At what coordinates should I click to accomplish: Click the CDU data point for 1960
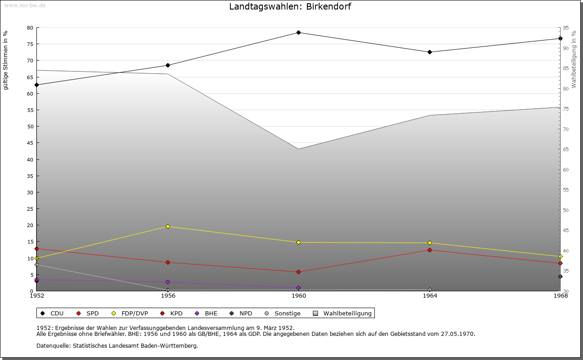click(298, 33)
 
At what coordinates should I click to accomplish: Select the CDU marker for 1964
click(430, 52)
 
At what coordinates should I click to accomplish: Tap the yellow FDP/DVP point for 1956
click(168, 226)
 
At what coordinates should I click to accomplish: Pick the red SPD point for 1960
click(298, 272)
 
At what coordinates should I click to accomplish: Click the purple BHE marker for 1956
click(168, 282)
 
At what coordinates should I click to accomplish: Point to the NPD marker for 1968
click(560, 276)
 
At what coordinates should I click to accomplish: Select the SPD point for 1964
click(430, 250)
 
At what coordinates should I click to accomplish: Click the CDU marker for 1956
click(168, 65)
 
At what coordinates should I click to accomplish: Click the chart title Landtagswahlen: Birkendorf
click(290, 6)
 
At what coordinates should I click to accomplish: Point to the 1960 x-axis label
click(298, 296)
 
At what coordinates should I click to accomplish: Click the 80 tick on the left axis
click(30, 28)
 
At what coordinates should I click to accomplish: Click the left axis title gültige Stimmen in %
click(6, 60)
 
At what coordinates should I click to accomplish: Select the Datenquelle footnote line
click(117, 345)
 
